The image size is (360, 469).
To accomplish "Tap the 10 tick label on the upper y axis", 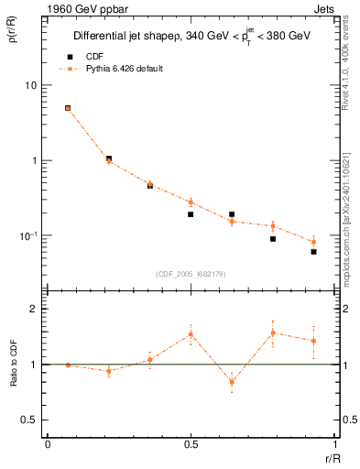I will (31, 85).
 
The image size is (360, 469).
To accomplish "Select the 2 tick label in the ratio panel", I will (35, 310).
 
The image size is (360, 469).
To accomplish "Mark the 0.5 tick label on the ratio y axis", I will (31, 420).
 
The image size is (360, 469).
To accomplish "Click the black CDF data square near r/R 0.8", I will (273, 239).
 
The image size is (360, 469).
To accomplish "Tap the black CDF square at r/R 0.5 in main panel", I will (191, 214).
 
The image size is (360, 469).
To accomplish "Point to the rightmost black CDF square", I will (313, 251).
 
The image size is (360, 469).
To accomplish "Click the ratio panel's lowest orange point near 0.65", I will (232, 382).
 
